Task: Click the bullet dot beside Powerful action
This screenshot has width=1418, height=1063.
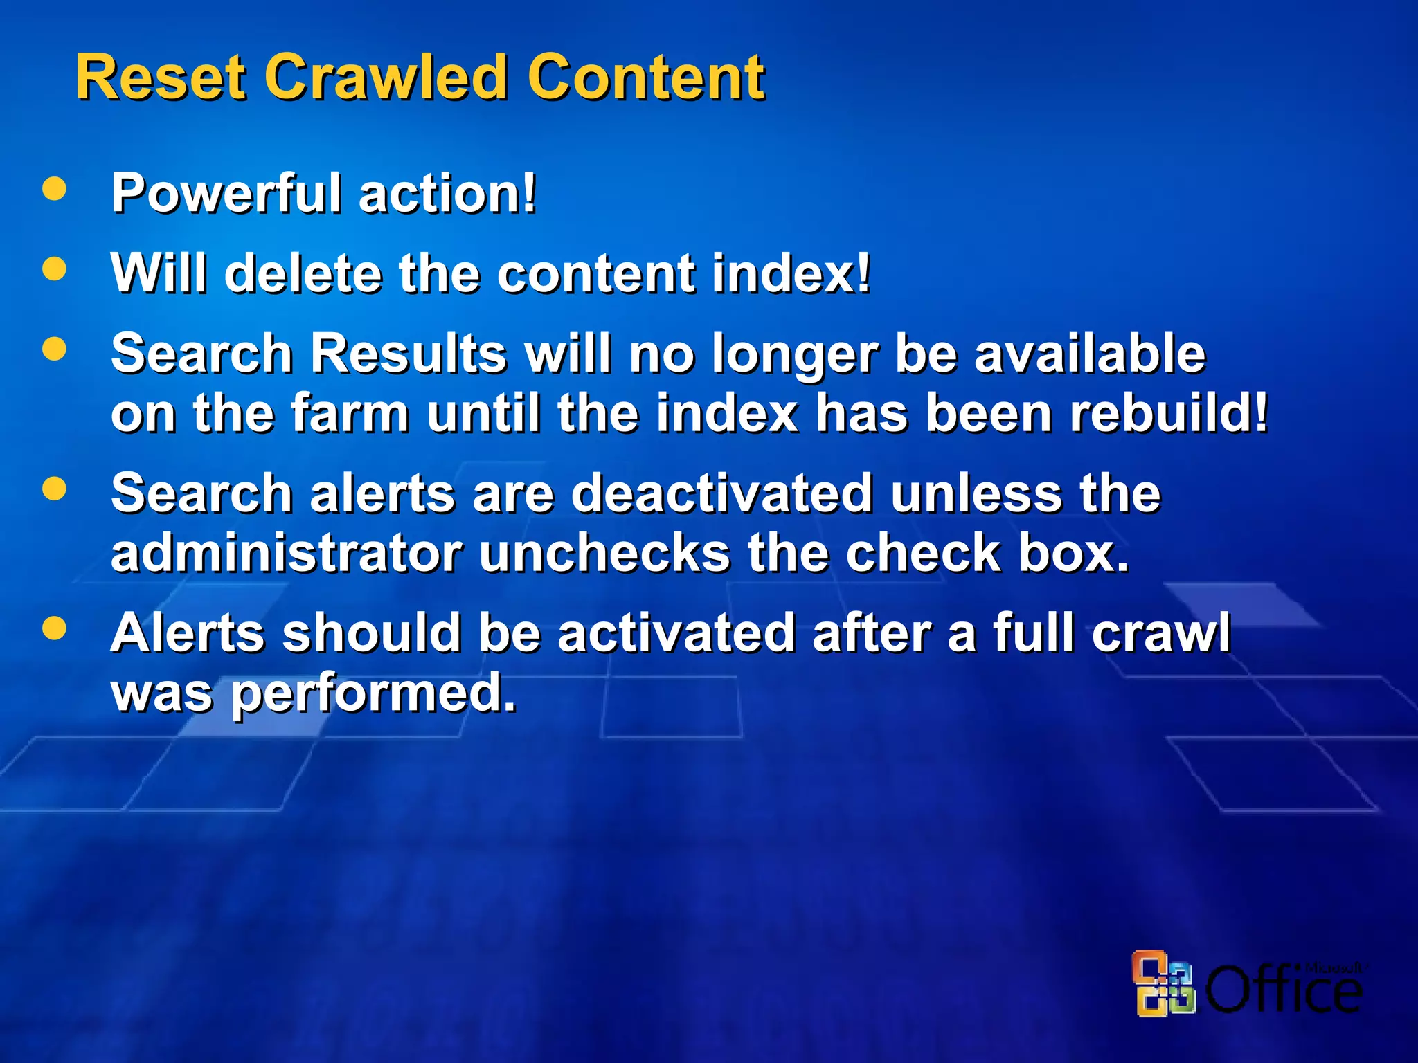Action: [x=54, y=189]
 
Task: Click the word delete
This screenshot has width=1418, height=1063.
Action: [x=303, y=273]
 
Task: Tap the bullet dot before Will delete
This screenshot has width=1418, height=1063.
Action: [x=54, y=269]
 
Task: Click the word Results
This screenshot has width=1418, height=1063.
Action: [x=409, y=354]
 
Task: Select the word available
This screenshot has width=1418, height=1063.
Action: [x=1090, y=354]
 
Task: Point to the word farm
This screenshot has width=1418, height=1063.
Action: [x=350, y=413]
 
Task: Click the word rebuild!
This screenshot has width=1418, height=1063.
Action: [x=1169, y=413]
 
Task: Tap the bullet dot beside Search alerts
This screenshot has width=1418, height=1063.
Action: [x=54, y=489]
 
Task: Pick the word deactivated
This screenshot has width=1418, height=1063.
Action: [x=722, y=494]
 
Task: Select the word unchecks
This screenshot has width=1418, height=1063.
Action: [x=604, y=554]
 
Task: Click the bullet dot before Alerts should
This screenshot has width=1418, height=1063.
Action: [x=54, y=628]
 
